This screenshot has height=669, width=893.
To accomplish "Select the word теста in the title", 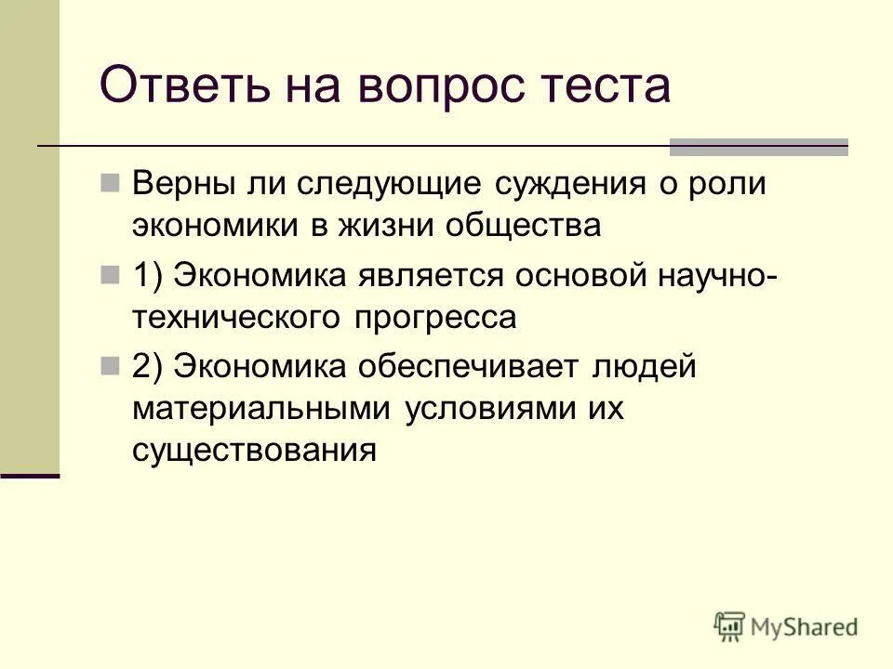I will (606, 86).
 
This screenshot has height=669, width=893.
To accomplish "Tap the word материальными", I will (262, 409).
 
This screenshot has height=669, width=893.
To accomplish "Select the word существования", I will (254, 451).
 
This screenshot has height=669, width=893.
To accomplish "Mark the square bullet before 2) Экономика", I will (110, 365).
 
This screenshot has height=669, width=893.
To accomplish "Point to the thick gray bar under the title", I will (759, 147).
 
